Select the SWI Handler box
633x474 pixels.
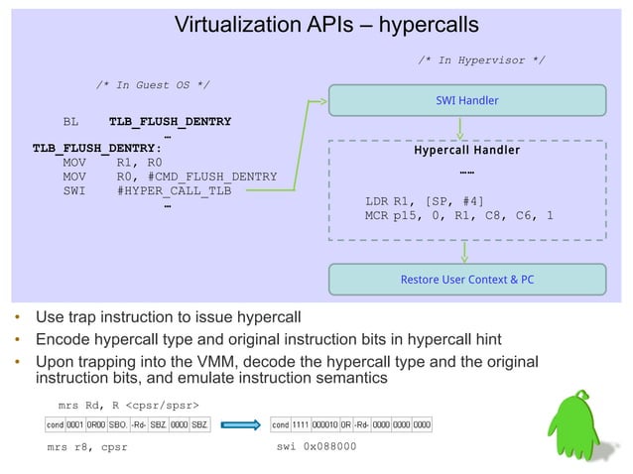coord(466,100)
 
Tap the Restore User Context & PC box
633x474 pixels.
coord(466,279)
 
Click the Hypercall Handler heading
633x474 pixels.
coord(466,151)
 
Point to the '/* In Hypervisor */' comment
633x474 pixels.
coord(481,61)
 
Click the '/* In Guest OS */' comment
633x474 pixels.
coord(152,85)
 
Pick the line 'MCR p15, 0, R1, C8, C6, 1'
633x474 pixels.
coord(459,215)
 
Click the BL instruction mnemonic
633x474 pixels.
coord(70,122)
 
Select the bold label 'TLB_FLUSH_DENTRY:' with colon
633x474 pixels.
coord(97,149)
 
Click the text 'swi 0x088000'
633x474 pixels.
coord(316,446)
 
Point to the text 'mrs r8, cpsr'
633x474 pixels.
coord(87,446)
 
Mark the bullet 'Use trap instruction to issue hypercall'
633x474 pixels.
coord(168,318)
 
